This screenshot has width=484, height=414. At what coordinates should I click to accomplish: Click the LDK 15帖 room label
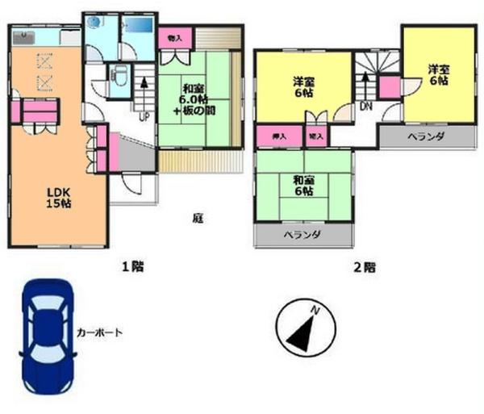[x=56, y=199]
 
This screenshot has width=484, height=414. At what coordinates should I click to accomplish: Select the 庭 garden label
[x=197, y=217]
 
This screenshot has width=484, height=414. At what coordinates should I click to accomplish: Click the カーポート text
[x=99, y=332]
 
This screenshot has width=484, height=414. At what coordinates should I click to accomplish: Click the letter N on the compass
[x=316, y=310]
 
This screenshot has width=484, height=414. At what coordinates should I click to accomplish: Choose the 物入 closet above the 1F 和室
[x=174, y=38]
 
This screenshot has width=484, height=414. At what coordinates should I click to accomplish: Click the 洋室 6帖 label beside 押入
[x=302, y=86]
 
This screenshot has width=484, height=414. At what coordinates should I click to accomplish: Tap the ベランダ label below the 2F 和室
[x=302, y=236]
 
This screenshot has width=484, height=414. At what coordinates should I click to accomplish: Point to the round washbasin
[x=94, y=23]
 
